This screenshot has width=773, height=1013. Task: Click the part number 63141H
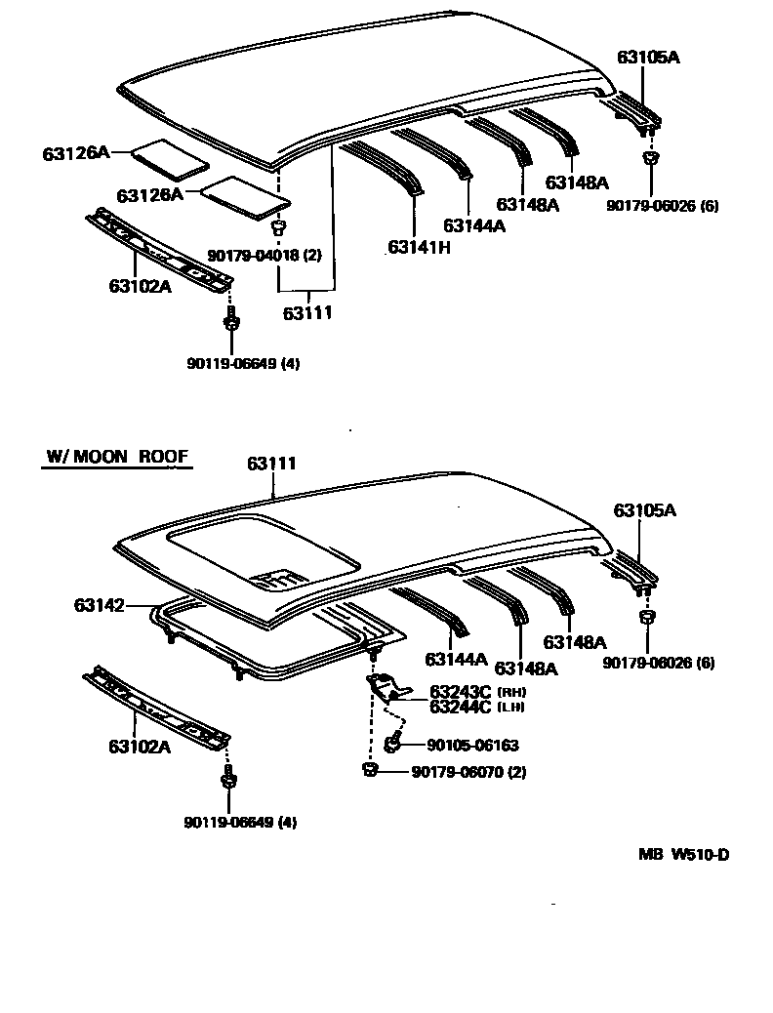(x=419, y=248)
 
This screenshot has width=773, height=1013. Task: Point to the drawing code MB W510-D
(x=683, y=855)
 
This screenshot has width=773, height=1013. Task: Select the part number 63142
(x=99, y=606)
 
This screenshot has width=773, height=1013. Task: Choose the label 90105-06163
(x=472, y=746)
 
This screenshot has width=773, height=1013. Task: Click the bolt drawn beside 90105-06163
(x=392, y=745)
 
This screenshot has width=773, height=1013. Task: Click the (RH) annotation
(x=511, y=693)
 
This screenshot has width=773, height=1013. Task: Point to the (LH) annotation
(x=511, y=707)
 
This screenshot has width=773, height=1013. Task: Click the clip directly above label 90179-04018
(x=277, y=228)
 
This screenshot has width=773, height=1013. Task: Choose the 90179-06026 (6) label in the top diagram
(x=661, y=205)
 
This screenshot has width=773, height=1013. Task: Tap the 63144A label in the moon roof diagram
(x=455, y=659)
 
